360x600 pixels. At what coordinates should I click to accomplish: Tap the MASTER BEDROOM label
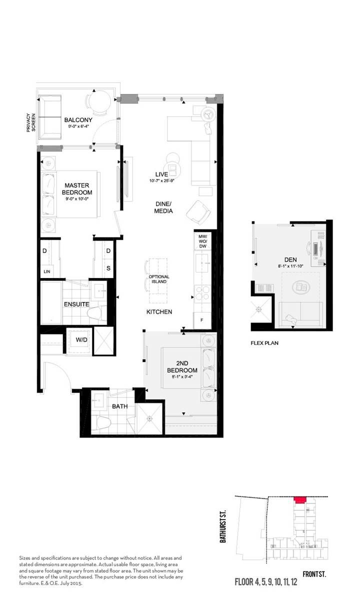click(77, 189)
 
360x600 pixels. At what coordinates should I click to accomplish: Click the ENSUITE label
click(76, 304)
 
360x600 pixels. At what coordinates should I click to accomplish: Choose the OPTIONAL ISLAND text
click(159, 279)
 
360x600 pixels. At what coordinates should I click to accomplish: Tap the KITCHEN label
click(159, 312)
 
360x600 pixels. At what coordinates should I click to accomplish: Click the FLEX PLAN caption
click(264, 343)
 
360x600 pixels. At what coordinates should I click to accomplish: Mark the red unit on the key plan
click(299, 499)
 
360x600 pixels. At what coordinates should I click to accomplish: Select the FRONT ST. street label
click(314, 575)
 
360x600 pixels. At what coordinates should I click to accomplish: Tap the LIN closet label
click(47, 271)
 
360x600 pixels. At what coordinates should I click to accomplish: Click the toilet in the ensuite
click(94, 313)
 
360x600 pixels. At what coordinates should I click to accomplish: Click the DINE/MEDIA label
click(163, 207)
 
